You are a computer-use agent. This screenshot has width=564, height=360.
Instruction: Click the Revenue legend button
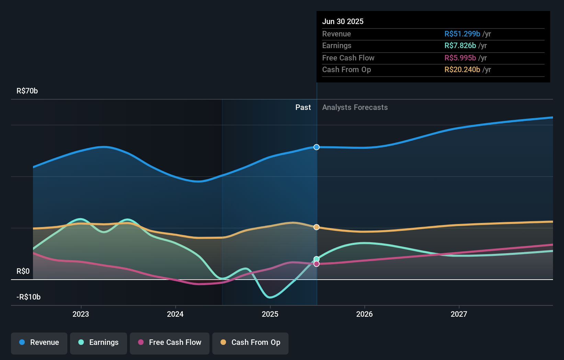[39, 342]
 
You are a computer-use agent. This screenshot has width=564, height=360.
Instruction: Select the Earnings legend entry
[99, 342]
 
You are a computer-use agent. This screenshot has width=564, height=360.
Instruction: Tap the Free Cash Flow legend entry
[170, 342]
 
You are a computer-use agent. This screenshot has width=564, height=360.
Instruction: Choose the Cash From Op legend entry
[250, 342]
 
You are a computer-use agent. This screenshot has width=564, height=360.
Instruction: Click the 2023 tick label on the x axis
[81, 314]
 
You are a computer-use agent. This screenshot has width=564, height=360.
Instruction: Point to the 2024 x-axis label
[175, 314]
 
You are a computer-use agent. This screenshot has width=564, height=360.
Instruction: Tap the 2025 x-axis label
[270, 314]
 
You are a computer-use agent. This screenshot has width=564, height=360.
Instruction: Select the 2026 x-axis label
[364, 314]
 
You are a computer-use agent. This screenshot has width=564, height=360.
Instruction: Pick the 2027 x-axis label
[459, 314]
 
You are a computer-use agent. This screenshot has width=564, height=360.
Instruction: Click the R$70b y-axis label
[27, 91]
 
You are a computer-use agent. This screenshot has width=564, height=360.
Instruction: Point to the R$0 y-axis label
[23, 271]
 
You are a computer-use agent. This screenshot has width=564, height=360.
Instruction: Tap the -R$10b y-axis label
[29, 297]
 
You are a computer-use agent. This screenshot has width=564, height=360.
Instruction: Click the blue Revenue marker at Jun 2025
[316, 147]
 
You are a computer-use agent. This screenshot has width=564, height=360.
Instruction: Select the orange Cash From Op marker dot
[316, 227]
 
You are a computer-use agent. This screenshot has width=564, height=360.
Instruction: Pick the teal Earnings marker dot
[316, 259]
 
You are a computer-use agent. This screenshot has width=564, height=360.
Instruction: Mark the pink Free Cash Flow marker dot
[316, 264]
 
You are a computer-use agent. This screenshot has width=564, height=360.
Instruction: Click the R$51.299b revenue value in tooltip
[462, 34]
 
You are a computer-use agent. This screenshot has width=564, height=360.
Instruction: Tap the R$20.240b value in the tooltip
[462, 70]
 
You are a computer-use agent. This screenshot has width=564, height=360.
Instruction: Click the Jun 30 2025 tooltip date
[343, 21]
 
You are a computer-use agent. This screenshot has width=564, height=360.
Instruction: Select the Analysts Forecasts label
[355, 108]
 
